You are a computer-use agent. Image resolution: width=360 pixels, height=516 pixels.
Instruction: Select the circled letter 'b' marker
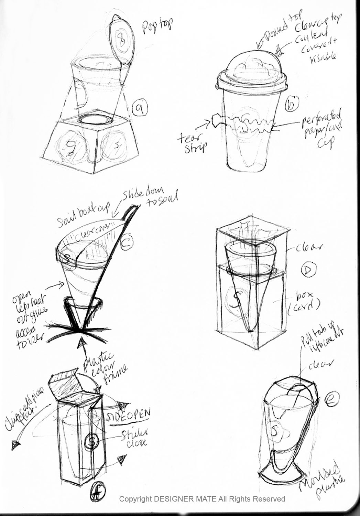pos(292,104)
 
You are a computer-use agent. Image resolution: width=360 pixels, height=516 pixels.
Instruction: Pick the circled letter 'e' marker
pos(332,400)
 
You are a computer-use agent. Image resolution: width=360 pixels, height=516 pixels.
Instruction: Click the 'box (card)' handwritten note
pos(307,300)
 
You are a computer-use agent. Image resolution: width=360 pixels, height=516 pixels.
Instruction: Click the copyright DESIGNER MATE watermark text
pos(202,498)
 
